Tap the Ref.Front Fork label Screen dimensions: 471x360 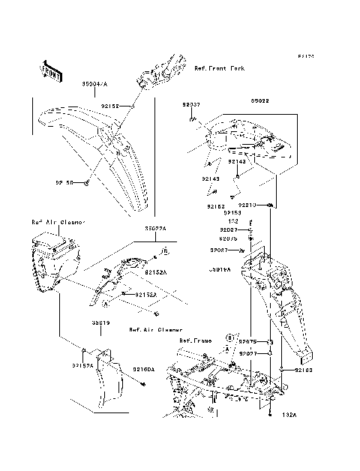coord(219,67)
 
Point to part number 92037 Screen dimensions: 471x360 coord(190,106)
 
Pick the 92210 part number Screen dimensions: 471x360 coord(248,204)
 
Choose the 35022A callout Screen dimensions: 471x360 coord(156,227)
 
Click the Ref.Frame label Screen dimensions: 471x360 coord(193,340)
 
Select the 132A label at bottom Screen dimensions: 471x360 coord(289,414)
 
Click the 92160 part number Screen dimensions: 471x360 coord(302,370)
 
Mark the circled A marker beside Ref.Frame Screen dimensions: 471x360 coord(224,349)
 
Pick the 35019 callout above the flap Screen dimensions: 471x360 coord(102,322)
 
